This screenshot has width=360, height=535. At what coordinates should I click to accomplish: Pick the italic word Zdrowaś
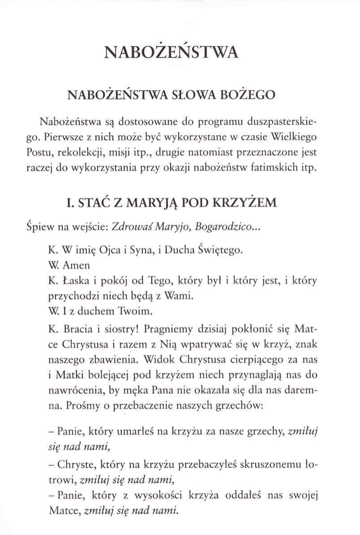tap(129, 228)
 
